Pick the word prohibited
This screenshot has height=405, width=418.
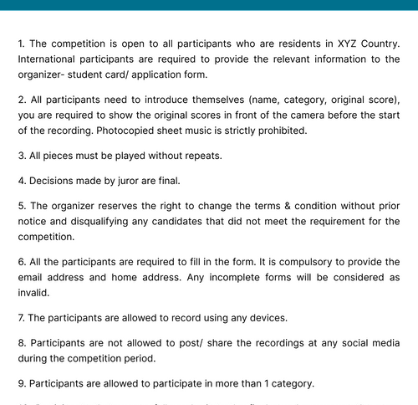click(279, 131)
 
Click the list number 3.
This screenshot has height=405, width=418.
click(21, 156)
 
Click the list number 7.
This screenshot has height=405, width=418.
click(21, 318)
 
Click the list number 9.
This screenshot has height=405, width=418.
click(21, 383)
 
